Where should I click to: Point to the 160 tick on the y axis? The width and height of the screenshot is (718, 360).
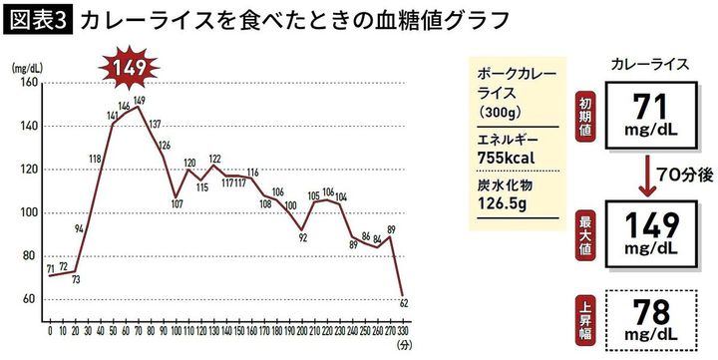(27, 84)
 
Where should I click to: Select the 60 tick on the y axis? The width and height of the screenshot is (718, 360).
(30, 299)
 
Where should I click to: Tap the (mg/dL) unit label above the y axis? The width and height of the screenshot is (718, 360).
(27, 69)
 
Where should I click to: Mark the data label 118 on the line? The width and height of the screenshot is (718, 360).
(95, 160)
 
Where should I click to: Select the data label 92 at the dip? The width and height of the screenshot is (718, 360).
(303, 238)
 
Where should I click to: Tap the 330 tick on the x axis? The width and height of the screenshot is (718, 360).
(403, 328)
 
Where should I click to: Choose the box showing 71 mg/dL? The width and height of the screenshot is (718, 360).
(649, 112)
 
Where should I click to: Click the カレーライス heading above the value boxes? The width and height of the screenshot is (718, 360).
(649, 63)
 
